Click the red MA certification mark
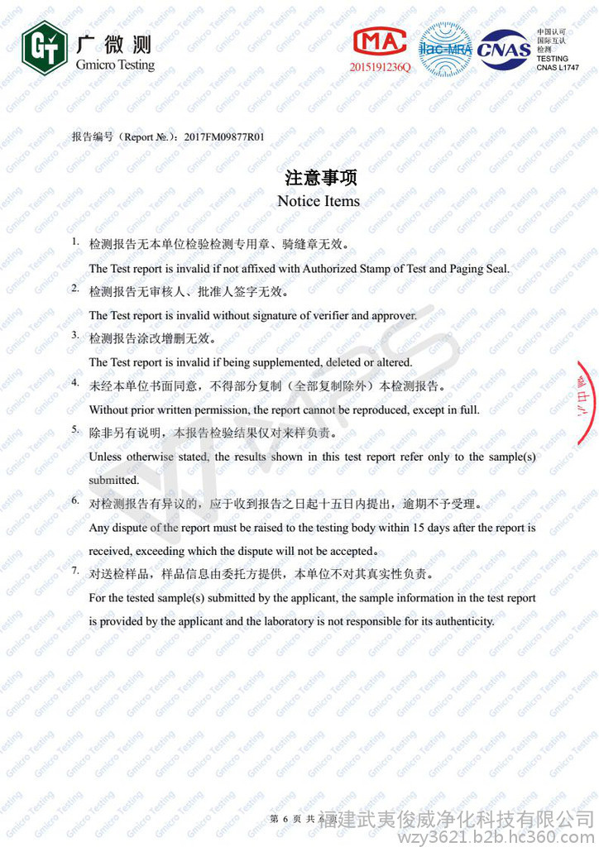pyautogui.click(x=380, y=41)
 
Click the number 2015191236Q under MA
pyautogui.click(x=380, y=66)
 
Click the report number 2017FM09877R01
pyautogui.click(x=224, y=136)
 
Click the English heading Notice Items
pyautogui.click(x=319, y=201)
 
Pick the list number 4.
pyautogui.click(x=74, y=383)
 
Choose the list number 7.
pyautogui.click(x=74, y=571)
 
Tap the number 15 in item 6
pyautogui.click(x=419, y=527)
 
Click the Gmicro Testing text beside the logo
pyautogui.click(x=115, y=65)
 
